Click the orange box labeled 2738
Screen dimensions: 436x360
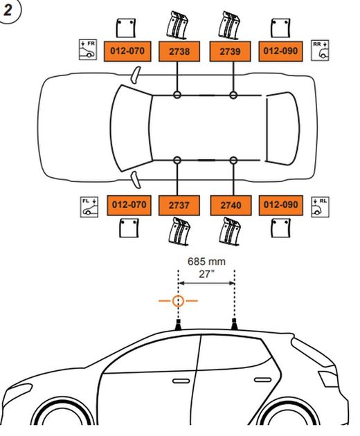(179, 51)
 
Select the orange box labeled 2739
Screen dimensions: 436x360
(231, 51)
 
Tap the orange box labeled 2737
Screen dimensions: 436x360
(179, 206)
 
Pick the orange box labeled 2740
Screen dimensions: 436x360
(231, 206)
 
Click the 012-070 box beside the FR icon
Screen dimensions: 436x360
(129, 51)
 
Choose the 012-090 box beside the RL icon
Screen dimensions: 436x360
(281, 206)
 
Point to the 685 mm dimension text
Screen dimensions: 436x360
(206, 262)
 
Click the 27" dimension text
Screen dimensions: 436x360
(206, 274)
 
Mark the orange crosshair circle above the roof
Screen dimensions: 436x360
(178, 301)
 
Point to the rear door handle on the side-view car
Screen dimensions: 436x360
(260, 380)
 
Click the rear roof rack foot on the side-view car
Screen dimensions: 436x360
(235, 323)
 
